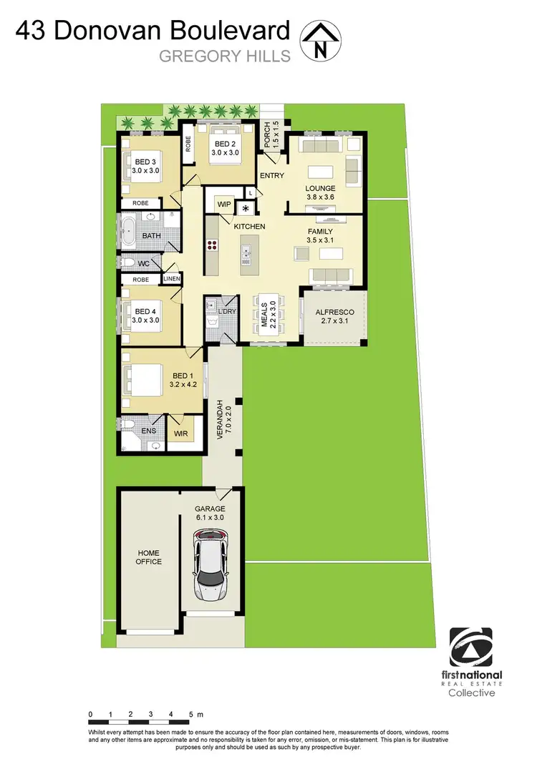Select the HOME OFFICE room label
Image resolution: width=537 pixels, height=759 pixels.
point(148,557)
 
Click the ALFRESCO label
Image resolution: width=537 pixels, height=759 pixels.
point(334,313)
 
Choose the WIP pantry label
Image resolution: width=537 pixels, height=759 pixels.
point(223,205)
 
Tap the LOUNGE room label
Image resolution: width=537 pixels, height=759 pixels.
point(320,188)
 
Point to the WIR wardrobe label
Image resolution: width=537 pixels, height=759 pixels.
point(180,434)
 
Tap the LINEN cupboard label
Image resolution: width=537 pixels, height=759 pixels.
point(172,279)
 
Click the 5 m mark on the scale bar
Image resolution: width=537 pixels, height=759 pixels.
point(191,714)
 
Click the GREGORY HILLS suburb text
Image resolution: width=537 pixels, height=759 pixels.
point(224,56)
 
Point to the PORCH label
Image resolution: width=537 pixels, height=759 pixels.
point(267,135)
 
